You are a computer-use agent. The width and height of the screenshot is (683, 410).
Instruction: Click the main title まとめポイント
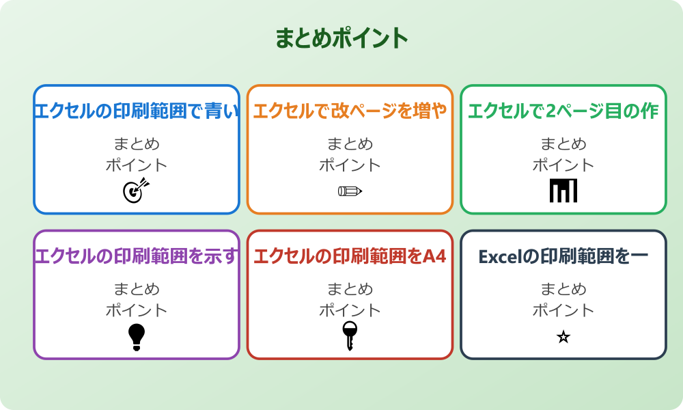tap(341, 38)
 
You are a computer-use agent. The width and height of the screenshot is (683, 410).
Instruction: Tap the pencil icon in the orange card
tap(350, 191)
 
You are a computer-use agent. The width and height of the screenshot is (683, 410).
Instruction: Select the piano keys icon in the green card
tap(563, 191)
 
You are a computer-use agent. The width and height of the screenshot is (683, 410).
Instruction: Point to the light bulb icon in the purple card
tap(137, 337)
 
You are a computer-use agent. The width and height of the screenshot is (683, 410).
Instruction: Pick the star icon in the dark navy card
tap(563, 337)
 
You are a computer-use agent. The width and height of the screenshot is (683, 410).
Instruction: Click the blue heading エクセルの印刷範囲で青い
tap(137, 111)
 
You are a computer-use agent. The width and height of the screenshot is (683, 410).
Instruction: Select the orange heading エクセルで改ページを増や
tap(350, 111)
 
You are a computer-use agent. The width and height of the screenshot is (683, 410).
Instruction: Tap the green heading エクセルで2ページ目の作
tap(563, 111)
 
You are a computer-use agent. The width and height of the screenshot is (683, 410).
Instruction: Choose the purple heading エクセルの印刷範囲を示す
tap(137, 256)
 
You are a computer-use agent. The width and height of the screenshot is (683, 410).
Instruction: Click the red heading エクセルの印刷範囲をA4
tap(350, 256)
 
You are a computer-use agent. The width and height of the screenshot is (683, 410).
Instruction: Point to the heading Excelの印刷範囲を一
tap(563, 256)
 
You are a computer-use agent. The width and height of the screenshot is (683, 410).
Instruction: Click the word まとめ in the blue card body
tap(137, 144)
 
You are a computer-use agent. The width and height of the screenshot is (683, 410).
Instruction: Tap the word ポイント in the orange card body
tap(350, 165)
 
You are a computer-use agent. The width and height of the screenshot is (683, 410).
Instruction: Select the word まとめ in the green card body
tap(563, 144)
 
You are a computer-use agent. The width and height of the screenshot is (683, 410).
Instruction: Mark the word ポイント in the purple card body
tap(137, 310)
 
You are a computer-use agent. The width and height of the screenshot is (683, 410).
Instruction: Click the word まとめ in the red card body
tap(350, 289)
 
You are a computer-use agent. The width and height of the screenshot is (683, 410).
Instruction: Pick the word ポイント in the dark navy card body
tap(563, 310)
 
